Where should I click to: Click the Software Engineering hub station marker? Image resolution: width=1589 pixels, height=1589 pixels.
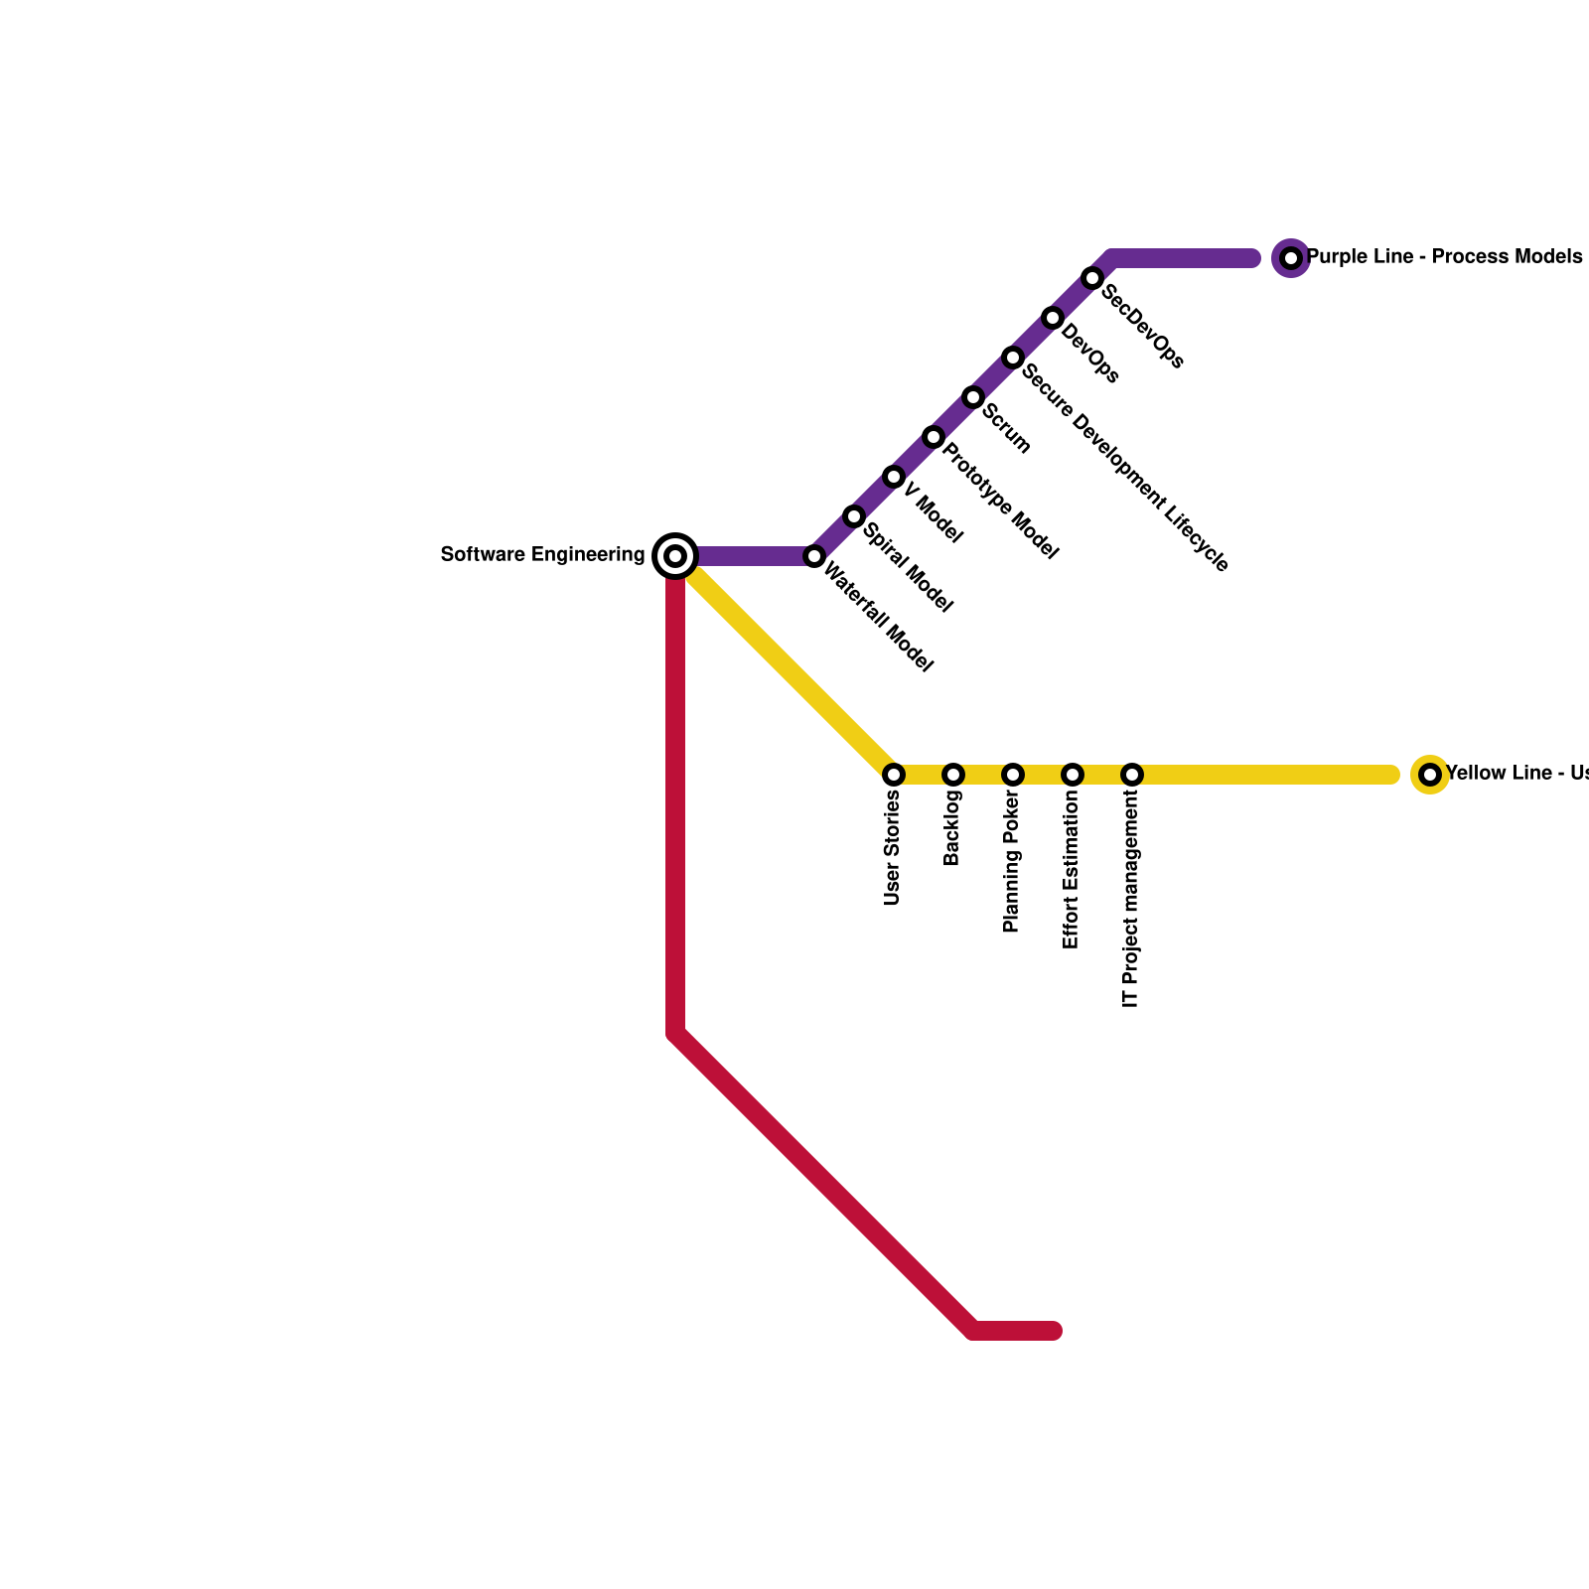675,555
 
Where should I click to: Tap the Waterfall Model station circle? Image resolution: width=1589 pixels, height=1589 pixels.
814,556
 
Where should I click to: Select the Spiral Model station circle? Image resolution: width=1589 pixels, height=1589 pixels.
854,516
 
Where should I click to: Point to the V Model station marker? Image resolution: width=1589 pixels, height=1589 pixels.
894,477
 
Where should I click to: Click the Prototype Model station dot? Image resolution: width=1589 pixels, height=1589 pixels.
934,437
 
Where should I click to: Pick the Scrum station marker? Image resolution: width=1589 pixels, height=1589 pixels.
973,397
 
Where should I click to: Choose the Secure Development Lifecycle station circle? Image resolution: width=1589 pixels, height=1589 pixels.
1013,358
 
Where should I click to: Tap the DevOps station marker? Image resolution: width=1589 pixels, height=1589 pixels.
1053,318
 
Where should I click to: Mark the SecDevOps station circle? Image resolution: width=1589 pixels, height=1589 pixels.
1092,278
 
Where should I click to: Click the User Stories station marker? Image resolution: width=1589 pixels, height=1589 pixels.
894,775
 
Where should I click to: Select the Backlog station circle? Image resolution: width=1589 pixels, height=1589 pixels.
953,775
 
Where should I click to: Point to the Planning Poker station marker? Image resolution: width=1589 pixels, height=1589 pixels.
1013,775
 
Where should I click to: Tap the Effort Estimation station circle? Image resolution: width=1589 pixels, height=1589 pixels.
1073,775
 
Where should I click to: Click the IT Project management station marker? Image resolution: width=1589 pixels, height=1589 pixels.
1132,775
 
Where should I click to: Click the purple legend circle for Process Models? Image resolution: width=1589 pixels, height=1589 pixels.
1291,258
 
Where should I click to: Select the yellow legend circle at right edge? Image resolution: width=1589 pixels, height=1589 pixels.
1430,775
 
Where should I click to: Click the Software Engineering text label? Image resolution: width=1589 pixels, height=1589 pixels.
542,555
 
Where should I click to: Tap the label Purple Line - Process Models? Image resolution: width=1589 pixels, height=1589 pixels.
1444,257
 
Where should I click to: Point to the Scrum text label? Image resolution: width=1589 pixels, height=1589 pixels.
1007,427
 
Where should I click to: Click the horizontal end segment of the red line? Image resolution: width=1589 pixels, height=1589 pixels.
1017,1331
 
